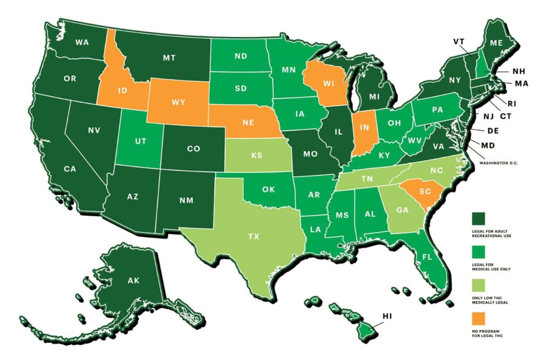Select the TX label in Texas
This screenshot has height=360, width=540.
coord(254,236)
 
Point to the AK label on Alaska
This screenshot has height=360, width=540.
coord(133,281)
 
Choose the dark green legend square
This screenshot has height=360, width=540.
coord(478,219)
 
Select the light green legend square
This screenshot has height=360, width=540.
coord(478,285)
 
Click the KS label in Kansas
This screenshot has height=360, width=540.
coord(257,155)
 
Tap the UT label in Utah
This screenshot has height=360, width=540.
coord(139,141)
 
